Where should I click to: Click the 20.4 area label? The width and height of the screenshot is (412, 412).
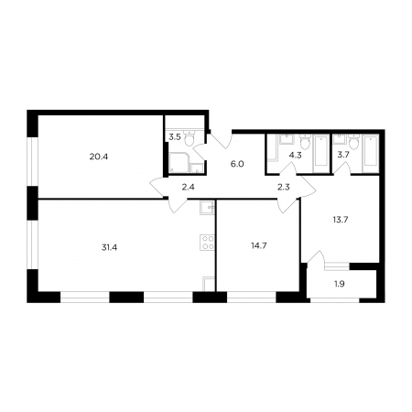(99, 157)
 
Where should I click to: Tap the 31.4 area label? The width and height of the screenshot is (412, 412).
(109, 247)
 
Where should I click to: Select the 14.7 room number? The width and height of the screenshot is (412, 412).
(259, 245)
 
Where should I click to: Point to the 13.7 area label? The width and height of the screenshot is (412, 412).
(341, 220)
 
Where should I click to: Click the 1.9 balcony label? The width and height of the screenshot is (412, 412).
(340, 284)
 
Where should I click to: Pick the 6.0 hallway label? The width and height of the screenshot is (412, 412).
(237, 164)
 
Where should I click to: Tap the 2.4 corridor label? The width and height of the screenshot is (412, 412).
(188, 187)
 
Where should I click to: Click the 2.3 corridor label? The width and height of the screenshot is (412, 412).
(283, 187)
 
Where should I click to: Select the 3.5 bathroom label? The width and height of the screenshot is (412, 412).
(175, 137)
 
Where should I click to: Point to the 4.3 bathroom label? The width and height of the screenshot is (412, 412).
(295, 156)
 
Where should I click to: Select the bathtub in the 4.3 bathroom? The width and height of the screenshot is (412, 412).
(321, 154)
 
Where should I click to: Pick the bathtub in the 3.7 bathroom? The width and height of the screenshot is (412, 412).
(370, 154)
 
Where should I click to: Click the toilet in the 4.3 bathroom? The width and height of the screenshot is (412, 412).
(305, 141)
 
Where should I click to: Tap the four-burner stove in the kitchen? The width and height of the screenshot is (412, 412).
(207, 243)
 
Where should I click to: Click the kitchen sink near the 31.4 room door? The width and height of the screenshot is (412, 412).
(208, 207)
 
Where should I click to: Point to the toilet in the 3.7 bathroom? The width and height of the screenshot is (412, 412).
(354, 142)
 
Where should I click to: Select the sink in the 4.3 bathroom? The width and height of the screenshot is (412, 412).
(287, 139)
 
